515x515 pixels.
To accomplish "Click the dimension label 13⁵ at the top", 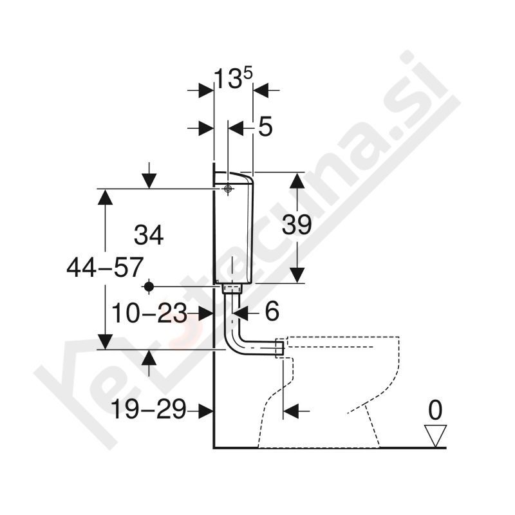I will (233, 80).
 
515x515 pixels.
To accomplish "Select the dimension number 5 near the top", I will (265, 127).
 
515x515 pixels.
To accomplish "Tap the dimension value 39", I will (297, 225).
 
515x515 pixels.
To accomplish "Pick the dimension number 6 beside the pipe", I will (272, 313).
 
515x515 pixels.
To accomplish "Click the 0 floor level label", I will (436, 409).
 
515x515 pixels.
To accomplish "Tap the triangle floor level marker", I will (436, 435).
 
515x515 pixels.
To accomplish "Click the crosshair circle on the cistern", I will (228, 189).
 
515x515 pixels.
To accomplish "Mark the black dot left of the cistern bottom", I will (149, 286).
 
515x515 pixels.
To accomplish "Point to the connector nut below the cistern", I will (232, 289).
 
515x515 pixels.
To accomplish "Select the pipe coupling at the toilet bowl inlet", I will (279, 348).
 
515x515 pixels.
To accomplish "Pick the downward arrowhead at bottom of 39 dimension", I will (296, 275).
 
